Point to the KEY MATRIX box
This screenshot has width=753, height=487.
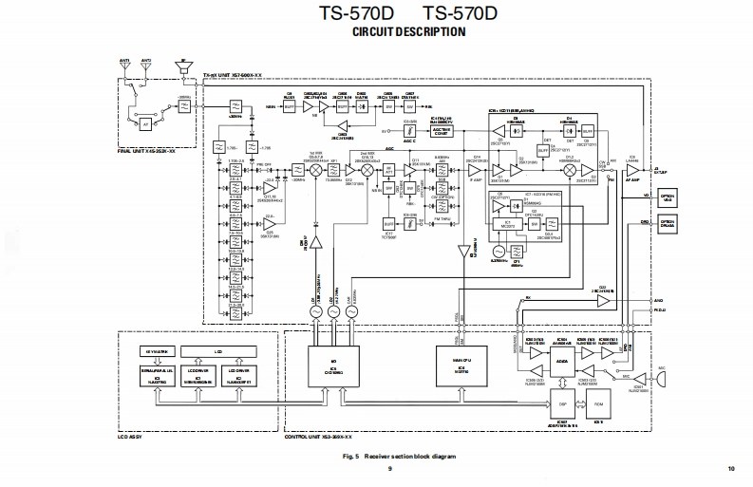coord(155,351)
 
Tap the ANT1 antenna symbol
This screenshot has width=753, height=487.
coord(124,69)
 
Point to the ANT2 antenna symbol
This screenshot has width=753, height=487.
coord(146,69)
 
